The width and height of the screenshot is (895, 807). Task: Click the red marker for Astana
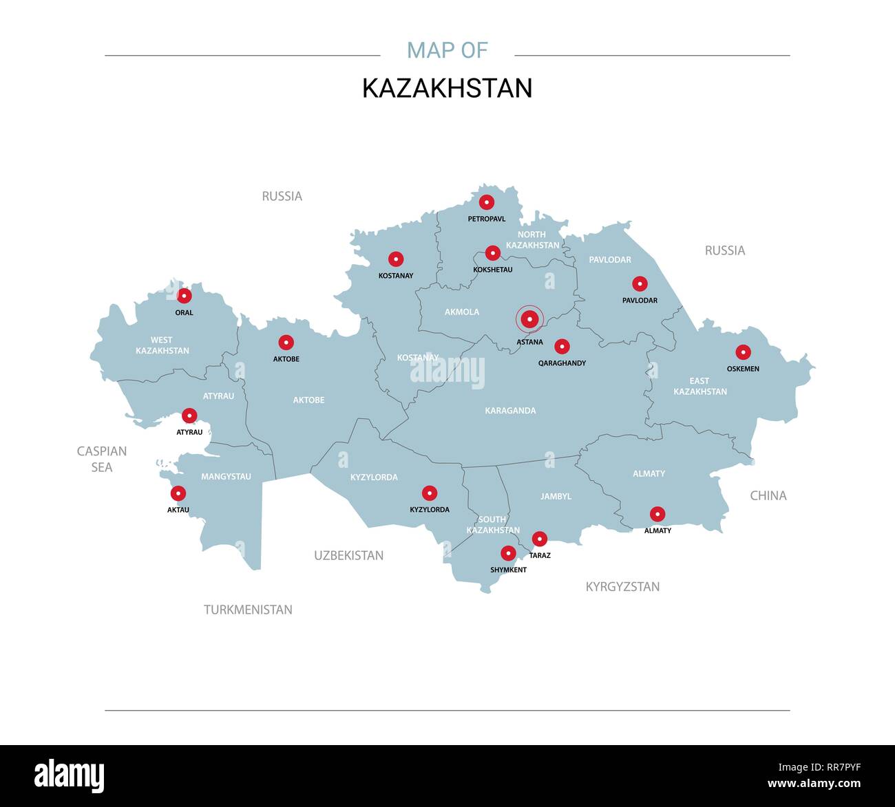529,319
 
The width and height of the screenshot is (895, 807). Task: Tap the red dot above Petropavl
487,202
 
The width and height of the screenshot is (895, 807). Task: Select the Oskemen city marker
743,352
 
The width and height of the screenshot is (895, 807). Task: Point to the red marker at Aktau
178,493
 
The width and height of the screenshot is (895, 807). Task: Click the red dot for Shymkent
508,553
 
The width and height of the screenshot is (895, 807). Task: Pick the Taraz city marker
540,539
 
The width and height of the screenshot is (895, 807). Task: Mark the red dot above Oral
184,296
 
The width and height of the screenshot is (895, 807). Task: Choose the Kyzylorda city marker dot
430,493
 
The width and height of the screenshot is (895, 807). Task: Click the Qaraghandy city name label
562,363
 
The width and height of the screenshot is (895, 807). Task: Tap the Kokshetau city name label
493,270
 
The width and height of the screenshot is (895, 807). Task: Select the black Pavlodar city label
640,301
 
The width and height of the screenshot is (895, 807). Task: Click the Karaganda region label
510,411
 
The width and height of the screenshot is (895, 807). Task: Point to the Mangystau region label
226,476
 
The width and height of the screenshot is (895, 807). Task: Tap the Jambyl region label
556,496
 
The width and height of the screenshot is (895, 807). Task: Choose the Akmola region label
461,312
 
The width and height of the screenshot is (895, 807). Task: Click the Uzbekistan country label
348,555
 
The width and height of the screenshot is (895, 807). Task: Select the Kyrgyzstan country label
622,587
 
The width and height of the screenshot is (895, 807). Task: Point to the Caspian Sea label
102,459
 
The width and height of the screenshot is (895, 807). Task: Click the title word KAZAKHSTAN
447,88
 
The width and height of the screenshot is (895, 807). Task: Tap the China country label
768,495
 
